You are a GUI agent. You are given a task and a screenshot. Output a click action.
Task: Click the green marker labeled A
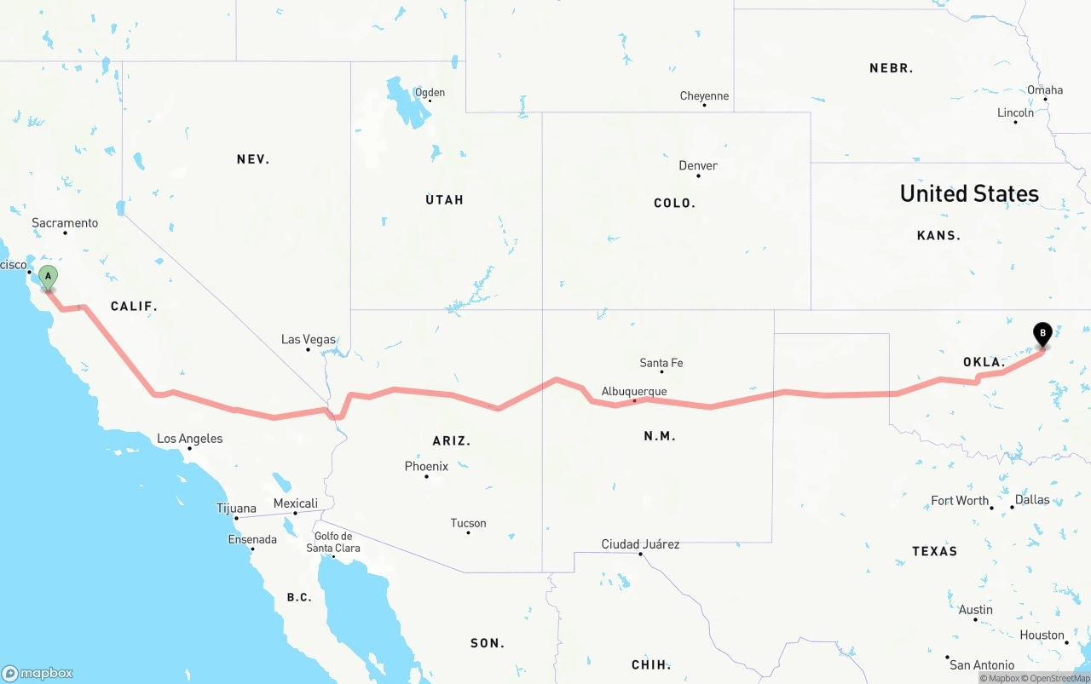tap(49, 277)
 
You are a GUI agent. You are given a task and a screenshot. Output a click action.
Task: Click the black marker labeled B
tap(1042, 333)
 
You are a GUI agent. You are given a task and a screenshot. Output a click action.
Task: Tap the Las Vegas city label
tap(309, 339)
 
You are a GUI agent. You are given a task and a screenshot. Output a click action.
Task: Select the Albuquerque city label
tap(634, 391)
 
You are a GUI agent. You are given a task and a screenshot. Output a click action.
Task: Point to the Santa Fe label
tap(661, 363)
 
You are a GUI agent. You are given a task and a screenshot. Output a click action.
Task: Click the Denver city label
tap(698, 165)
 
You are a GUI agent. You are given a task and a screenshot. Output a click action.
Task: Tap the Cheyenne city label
tap(704, 96)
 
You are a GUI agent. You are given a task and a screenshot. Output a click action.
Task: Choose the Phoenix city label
tap(426, 466)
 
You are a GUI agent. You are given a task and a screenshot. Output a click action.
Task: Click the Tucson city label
tap(469, 523)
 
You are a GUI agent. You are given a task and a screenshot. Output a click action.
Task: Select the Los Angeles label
tap(189, 439)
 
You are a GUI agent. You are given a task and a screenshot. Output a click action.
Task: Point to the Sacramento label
tap(65, 223)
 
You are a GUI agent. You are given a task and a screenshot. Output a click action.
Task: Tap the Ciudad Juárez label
tap(640, 543)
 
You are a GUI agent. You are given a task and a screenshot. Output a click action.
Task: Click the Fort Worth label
tap(960, 501)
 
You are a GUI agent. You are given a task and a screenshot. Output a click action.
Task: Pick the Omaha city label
tap(1045, 89)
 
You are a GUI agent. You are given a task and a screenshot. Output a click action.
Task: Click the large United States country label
tap(969, 193)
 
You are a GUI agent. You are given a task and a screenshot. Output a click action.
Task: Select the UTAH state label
tap(444, 199)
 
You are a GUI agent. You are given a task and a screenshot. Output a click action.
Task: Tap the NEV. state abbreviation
tap(253, 159)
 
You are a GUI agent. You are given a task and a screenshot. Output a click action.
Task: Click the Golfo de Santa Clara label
tap(333, 542)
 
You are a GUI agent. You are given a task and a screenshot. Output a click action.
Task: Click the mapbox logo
tap(38, 673)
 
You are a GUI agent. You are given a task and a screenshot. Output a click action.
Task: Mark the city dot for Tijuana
tap(236, 518)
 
